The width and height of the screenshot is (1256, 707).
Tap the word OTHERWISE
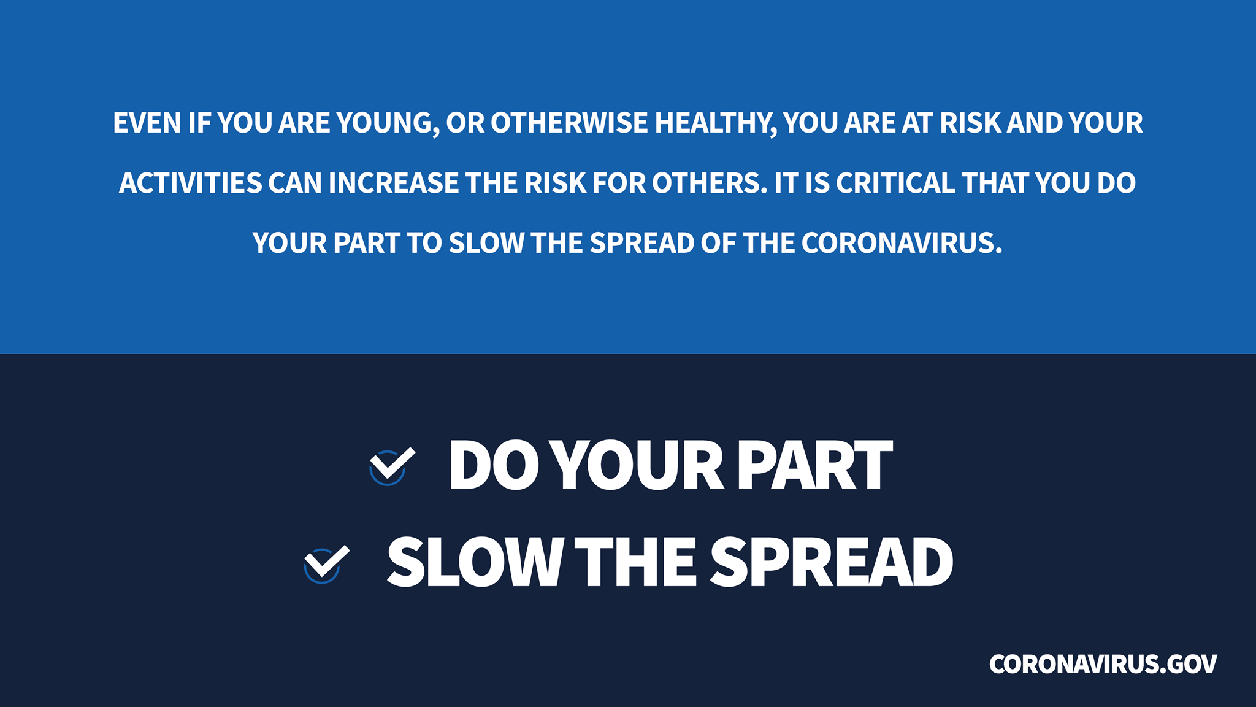[x=569, y=123]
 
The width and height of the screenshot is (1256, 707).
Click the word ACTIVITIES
[x=191, y=183]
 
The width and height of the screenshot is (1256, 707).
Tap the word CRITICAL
[x=895, y=183]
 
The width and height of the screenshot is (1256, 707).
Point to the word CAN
[x=295, y=183]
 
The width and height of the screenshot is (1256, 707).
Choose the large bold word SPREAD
[x=832, y=562]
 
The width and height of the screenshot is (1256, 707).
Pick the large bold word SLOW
[x=475, y=562]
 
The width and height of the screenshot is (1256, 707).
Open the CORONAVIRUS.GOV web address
[x=1103, y=664]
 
